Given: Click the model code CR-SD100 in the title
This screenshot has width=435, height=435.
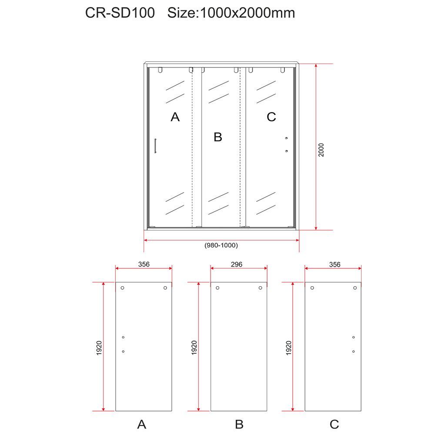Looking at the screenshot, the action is tap(120, 13).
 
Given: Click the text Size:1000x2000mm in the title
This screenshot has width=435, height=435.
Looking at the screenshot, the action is tap(231, 13).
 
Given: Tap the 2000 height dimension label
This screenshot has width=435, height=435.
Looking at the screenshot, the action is tap(321, 150).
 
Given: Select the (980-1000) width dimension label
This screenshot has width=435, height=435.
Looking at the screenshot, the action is tap(221, 245).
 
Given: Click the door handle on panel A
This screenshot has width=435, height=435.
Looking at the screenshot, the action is tap(155, 146).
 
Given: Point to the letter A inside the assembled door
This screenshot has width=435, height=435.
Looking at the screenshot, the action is tap(175, 117).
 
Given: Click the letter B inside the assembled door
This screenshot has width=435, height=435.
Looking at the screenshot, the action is tap(218, 137).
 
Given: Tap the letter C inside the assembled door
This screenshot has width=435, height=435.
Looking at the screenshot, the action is tap(271, 117).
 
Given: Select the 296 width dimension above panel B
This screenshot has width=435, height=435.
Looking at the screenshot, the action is tap(236, 264).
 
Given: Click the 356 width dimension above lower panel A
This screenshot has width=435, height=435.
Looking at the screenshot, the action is tap(144, 264).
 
